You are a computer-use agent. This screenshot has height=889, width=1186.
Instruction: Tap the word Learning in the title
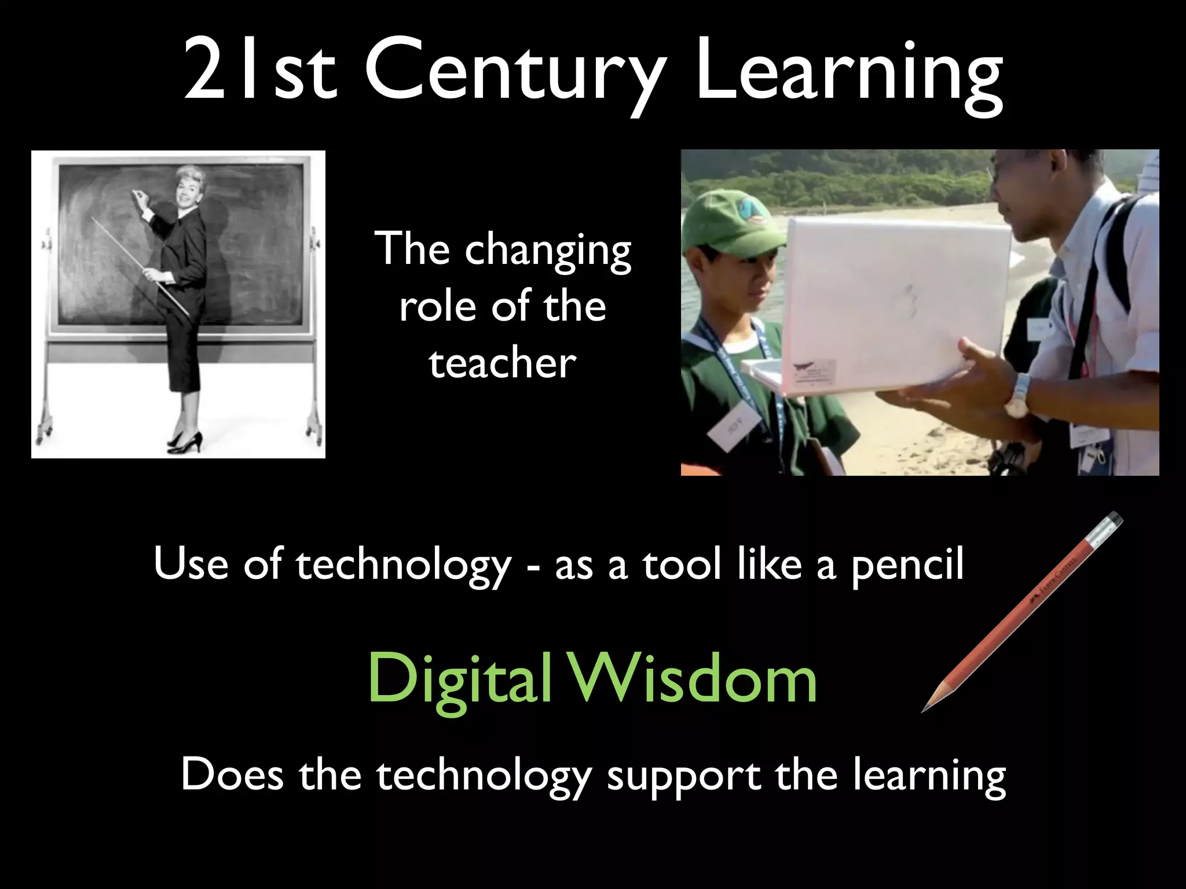click(x=849, y=72)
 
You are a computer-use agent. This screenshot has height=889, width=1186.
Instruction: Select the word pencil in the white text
click(x=907, y=564)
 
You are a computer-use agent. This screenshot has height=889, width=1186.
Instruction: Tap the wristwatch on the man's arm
click(x=1020, y=396)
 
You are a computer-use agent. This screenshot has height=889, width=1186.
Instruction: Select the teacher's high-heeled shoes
click(x=185, y=443)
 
